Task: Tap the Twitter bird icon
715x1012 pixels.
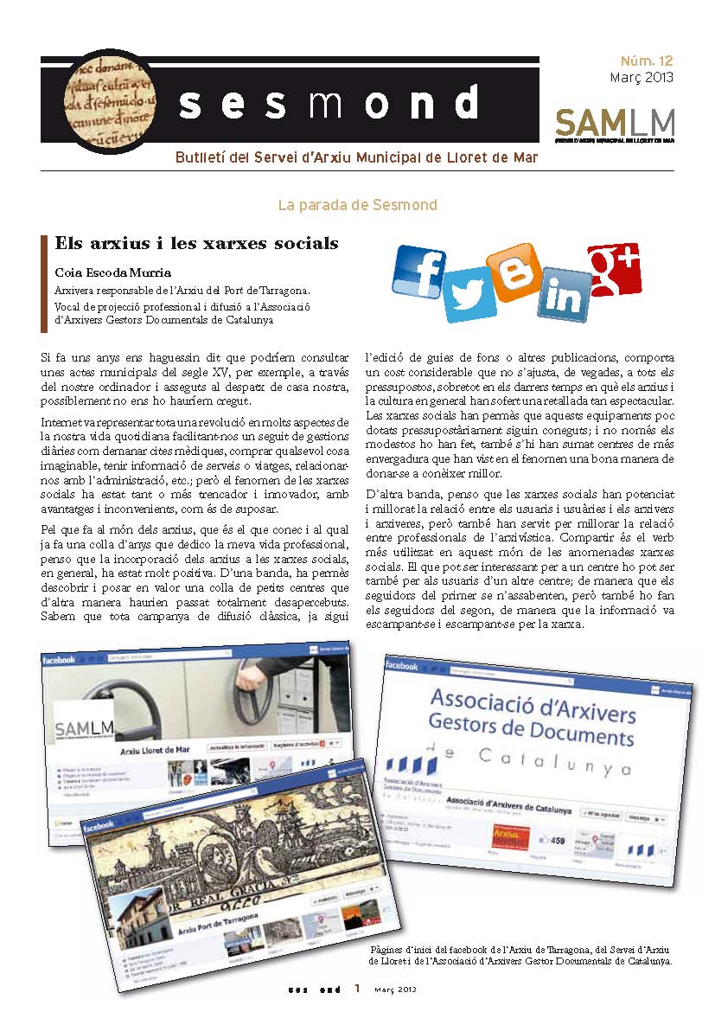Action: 469,294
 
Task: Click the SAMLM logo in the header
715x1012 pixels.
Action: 614,122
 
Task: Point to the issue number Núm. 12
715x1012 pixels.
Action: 647,61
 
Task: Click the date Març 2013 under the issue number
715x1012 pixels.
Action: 642,77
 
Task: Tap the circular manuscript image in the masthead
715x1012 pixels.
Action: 109,100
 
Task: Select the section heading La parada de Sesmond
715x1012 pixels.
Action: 357,205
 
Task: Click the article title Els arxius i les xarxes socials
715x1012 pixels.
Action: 196,243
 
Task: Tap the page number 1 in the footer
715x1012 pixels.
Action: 356,989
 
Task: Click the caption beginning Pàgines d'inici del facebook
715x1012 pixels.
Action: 520,955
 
